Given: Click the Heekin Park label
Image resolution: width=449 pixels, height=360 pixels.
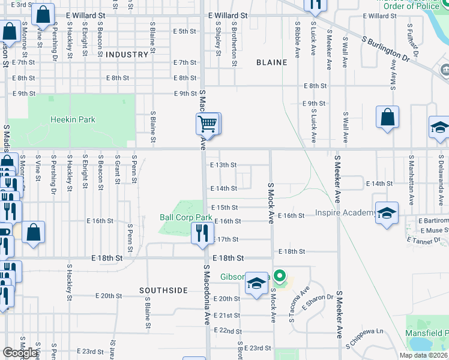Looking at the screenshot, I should click(72, 120).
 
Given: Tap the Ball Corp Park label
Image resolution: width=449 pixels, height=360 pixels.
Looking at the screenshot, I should click(186, 217).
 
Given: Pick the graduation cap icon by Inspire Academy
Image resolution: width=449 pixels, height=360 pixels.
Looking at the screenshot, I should click(387, 214).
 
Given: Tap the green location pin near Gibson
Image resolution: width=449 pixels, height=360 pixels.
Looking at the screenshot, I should click(279, 278).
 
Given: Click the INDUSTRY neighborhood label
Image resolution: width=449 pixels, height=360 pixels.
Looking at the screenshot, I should click(126, 55).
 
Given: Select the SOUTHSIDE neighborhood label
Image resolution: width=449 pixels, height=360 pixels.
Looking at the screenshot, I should click(163, 290).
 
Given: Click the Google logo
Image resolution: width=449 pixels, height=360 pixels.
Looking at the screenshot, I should click(20, 352).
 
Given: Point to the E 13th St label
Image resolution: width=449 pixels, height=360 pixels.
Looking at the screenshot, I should click(223, 164).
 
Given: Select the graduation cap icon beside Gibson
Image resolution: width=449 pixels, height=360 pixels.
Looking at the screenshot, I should click(256, 284).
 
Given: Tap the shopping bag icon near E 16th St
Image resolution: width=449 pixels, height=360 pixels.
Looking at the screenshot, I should click(34, 232).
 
